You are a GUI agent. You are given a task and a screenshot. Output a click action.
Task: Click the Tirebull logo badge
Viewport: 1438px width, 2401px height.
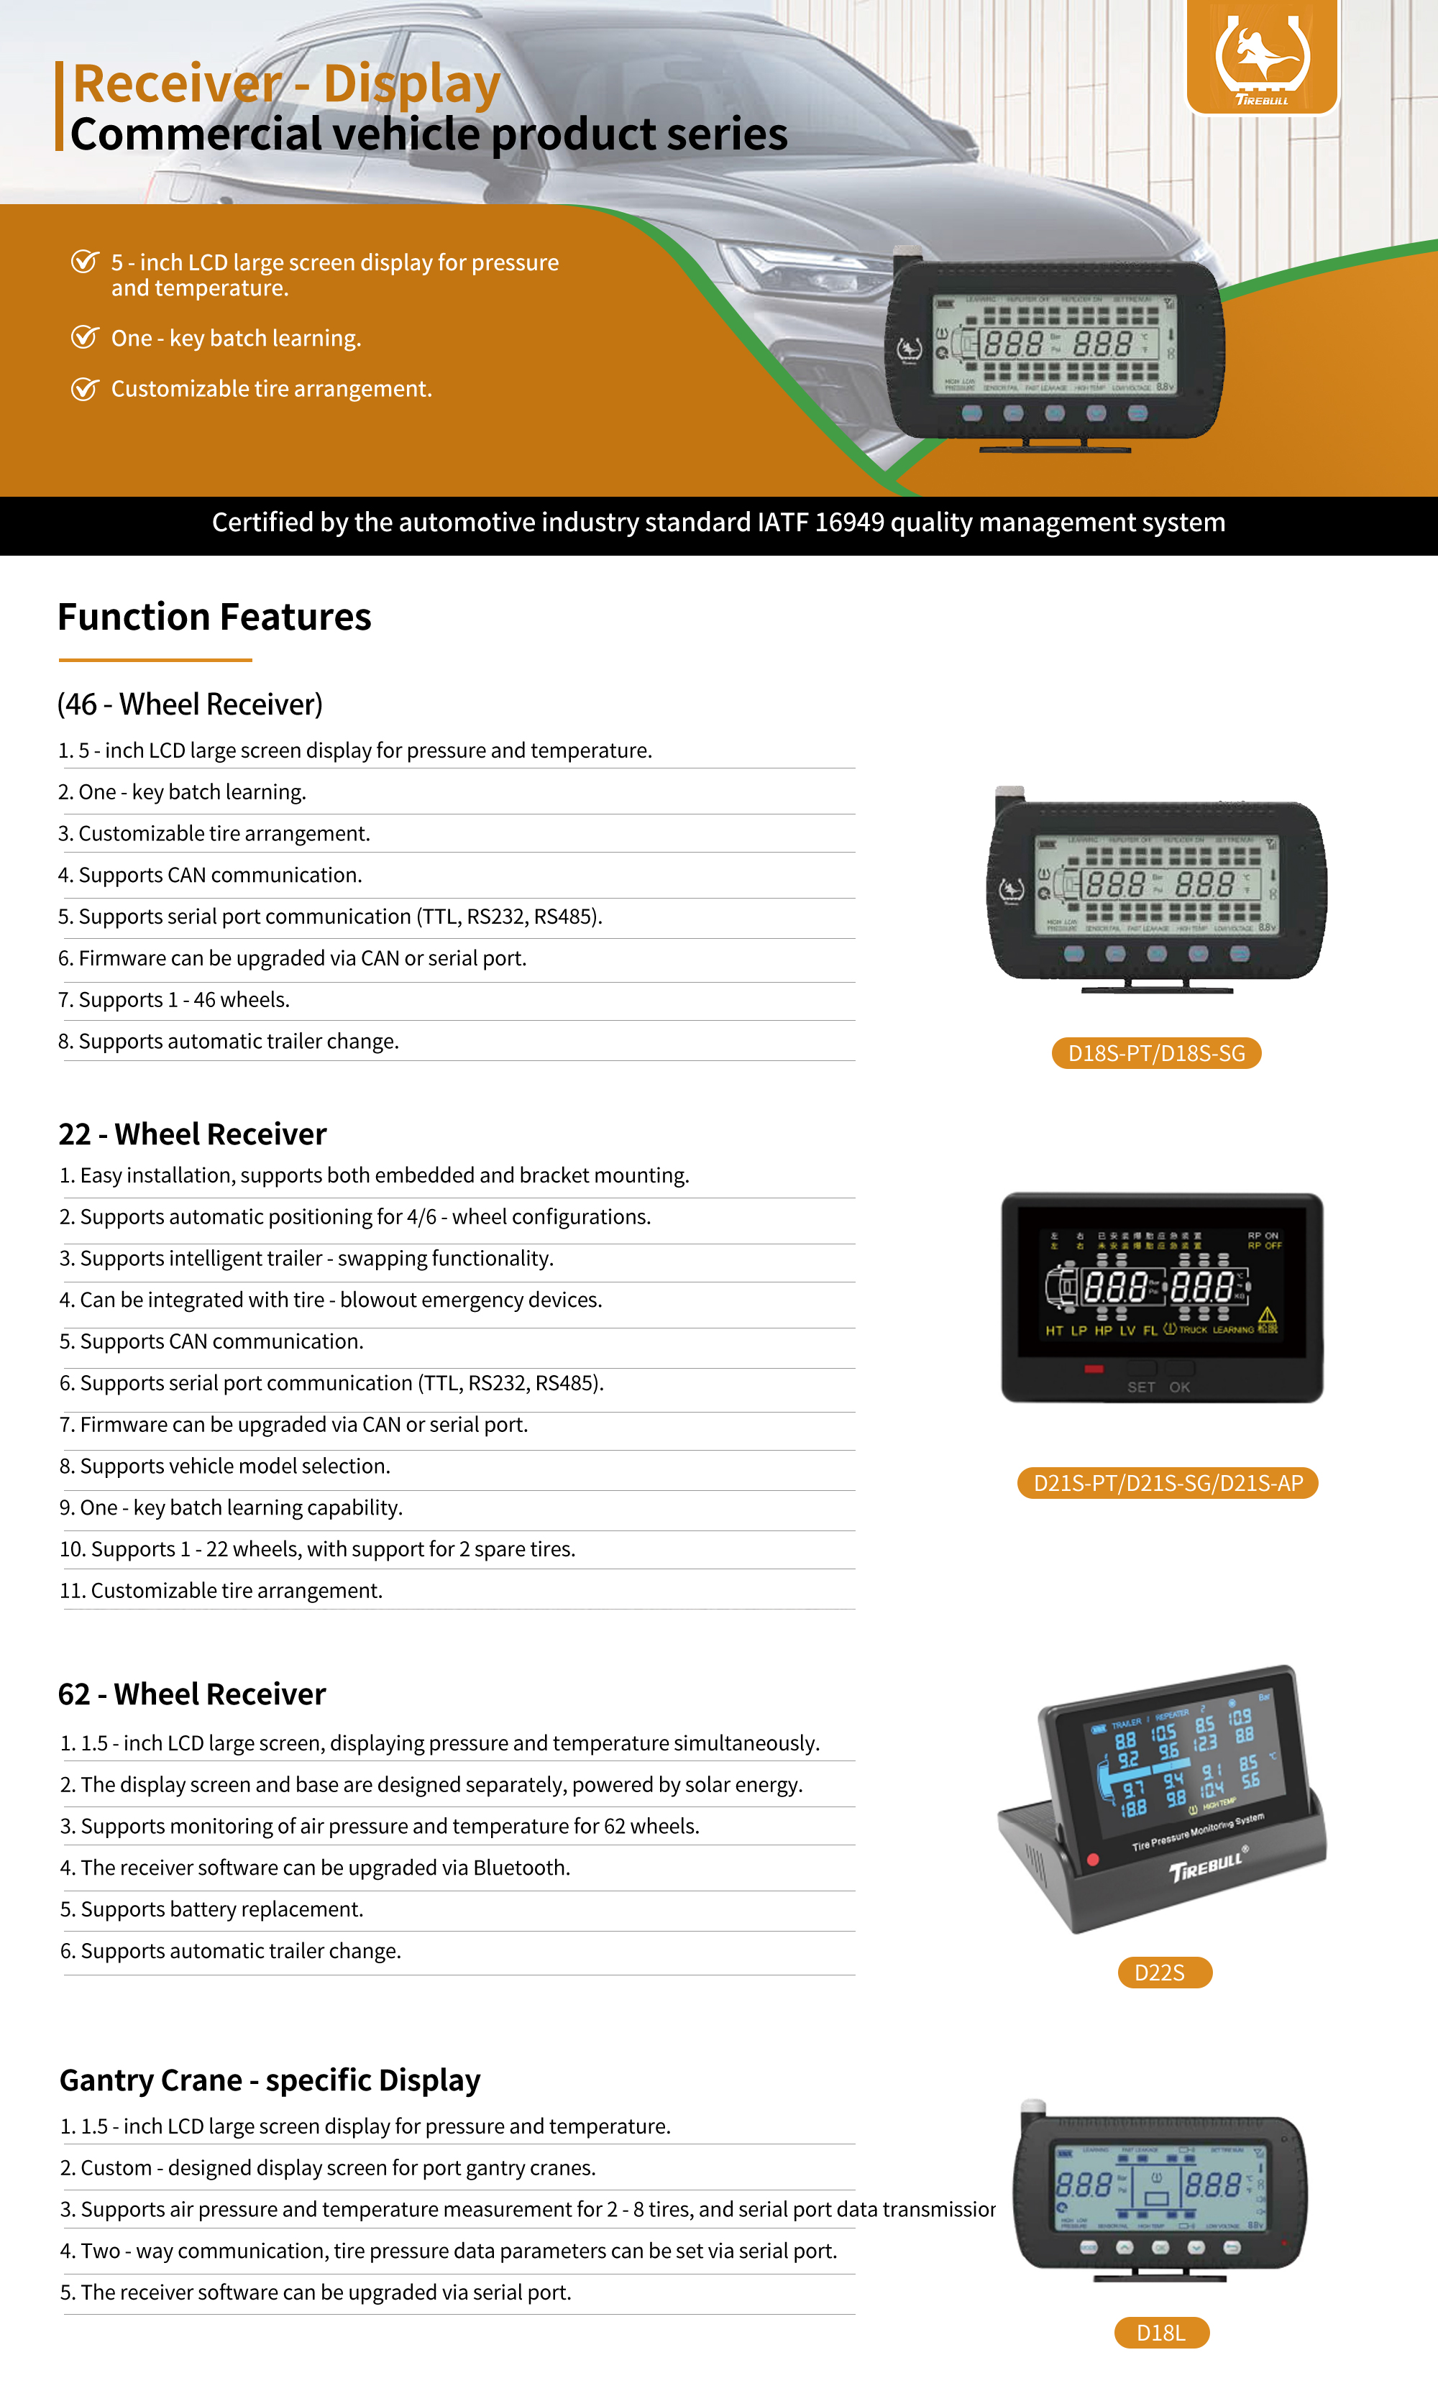(x=1262, y=56)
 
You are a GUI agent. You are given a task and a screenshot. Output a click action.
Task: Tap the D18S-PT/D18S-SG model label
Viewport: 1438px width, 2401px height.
(x=1156, y=1053)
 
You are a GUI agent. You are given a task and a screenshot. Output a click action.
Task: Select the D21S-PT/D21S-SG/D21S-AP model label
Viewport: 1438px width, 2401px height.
(x=1168, y=1483)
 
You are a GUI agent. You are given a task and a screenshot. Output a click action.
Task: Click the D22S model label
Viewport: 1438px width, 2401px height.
(x=1164, y=1972)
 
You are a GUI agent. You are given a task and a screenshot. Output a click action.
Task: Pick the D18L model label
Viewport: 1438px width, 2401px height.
(x=1161, y=2332)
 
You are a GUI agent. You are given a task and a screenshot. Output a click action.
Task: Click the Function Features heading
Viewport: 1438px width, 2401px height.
(x=214, y=617)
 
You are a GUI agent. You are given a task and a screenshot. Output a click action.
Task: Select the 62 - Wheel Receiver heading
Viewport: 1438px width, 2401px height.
(x=192, y=1693)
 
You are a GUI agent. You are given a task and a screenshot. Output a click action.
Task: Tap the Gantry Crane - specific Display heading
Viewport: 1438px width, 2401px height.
(x=270, y=2080)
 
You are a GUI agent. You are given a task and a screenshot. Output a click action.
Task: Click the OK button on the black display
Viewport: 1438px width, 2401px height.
(x=1179, y=1386)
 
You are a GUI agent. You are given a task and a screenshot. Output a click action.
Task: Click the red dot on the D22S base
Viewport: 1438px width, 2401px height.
(x=1093, y=1860)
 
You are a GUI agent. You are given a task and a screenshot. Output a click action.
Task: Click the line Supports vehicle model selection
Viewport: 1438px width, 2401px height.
(x=225, y=1466)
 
